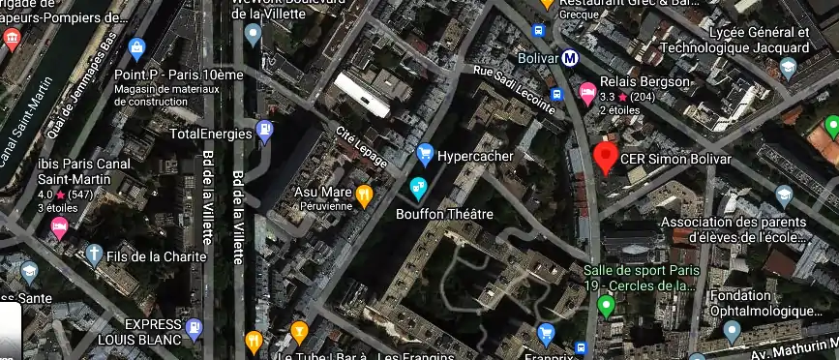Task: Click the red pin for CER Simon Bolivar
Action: (x=606, y=158)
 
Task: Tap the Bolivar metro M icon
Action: (x=571, y=57)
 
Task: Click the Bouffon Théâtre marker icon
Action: (x=419, y=188)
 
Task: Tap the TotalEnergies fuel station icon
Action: (x=265, y=133)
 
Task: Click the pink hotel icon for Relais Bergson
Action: (x=586, y=93)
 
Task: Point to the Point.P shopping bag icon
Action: (x=136, y=48)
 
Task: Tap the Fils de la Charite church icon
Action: (x=94, y=255)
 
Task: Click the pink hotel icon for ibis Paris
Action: (x=59, y=229)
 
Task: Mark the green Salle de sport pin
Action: (x=607, y=308)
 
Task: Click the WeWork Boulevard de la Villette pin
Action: (x=254, y=36)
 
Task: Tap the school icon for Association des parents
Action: (x=784, y=198)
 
